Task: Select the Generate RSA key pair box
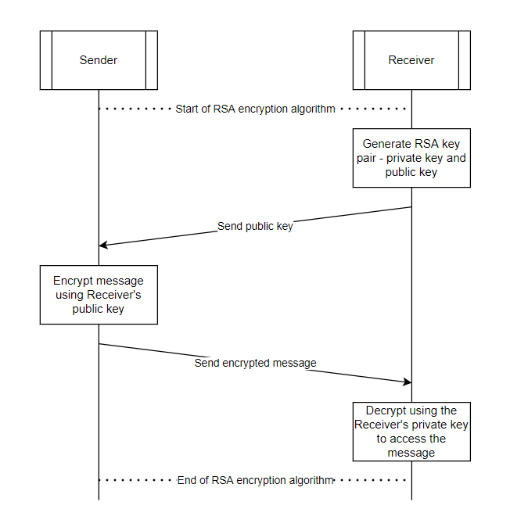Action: [411, 158]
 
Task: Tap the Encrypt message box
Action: [99, 295]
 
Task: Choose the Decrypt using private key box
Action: [411, 432]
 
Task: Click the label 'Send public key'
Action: [255, 227]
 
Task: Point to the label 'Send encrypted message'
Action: [255, 363]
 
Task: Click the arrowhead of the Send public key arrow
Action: [102, 245]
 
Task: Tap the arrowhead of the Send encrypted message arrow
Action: [408, 382]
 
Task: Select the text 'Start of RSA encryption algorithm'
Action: [255, 109]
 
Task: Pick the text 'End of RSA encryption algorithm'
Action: [255, 480]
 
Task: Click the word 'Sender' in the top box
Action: [99, 60]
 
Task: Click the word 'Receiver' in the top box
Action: [411, 60]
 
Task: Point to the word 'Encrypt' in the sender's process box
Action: [72, 281]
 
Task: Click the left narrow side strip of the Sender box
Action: [46, 60]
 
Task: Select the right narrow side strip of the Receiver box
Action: [464, 60]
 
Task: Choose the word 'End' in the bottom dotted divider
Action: [188, 480]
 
